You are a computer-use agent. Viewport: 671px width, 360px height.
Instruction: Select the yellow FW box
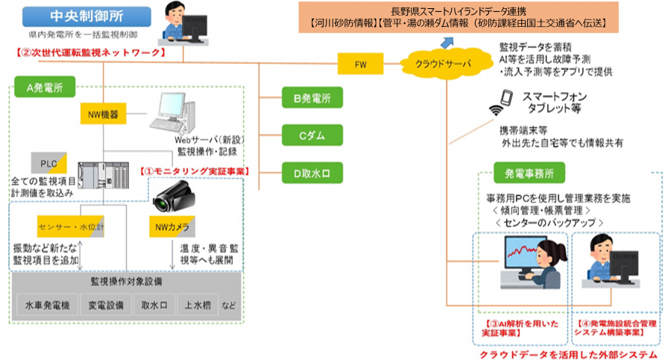coord(363,64)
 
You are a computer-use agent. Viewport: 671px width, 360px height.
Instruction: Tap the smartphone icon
coord(506,98)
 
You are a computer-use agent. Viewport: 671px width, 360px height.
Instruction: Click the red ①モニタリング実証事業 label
coord(195,171)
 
